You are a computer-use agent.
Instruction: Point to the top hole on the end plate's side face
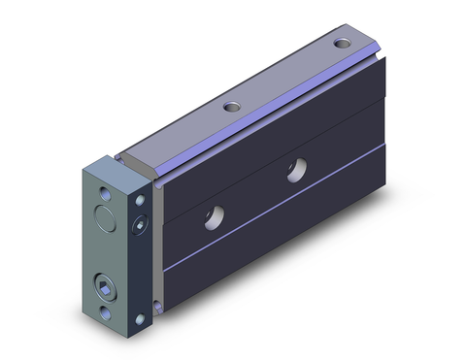[142, 200]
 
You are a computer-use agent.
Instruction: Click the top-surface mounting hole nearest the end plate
[230, 107]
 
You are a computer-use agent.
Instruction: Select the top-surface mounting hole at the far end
[342, 43]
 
